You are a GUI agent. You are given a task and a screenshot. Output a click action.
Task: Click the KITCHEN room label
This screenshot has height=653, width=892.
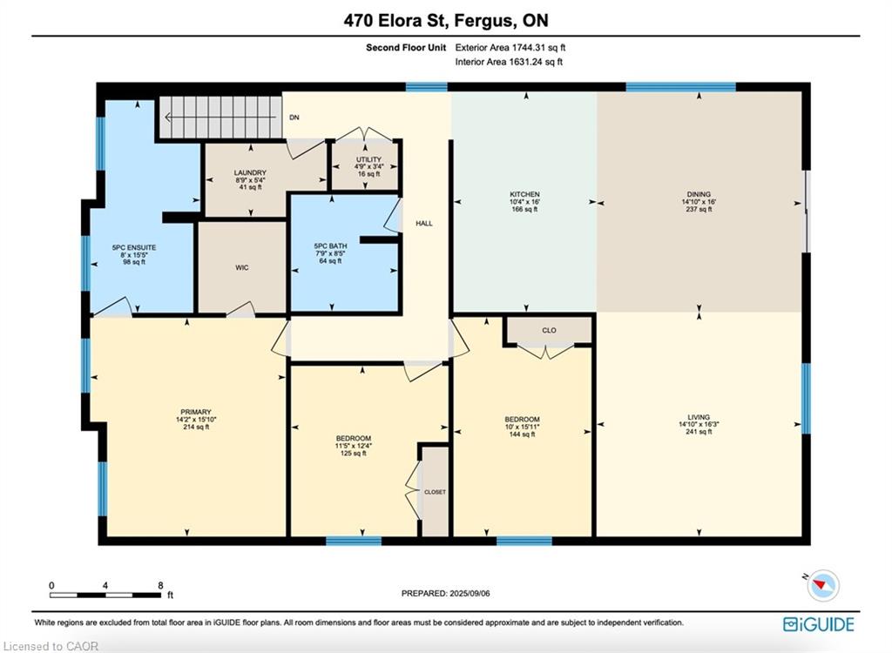[x=524, y=194]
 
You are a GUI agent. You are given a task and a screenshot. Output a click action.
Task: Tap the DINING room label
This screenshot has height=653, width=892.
[x=699, y=194]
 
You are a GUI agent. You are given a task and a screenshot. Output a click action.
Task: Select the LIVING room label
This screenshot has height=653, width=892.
[x=699, y=417]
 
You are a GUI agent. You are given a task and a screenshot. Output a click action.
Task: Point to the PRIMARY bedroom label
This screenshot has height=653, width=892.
[x=196, y=412]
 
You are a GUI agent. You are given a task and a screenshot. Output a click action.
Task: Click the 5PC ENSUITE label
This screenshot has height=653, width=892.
[x=134, y=247]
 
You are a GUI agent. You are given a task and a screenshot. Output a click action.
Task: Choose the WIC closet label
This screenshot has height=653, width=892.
[x=242, y=267]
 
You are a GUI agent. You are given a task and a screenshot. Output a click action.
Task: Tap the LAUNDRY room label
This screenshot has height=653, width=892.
[x=250, y=172]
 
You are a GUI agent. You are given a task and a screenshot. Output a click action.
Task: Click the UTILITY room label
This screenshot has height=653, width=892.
[x=368, y=159]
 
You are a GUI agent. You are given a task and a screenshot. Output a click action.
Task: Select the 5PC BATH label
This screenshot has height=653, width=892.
[x=330, y=246]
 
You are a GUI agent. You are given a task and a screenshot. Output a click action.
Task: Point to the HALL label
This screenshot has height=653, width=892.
[x=424, y=224]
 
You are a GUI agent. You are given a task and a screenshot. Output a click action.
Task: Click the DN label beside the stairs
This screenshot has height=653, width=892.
[x=294, y=118]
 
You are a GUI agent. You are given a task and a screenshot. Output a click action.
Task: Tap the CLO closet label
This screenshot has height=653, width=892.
[x=549, y=330]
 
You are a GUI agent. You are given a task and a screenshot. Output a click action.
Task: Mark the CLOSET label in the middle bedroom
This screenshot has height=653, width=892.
[x=436, y=492]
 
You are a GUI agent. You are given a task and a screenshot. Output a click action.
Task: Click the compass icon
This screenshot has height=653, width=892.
[x=822, y=585]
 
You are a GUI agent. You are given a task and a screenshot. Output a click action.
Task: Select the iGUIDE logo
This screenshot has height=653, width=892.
[x=819, y=624]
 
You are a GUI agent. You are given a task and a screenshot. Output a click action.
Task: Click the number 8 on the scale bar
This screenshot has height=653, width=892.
[x=161, y=585]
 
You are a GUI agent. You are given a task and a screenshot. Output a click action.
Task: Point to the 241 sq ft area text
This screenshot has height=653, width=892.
[x=699, y=432]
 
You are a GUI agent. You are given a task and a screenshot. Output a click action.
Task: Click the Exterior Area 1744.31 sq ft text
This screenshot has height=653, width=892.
[x=510, y=48]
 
